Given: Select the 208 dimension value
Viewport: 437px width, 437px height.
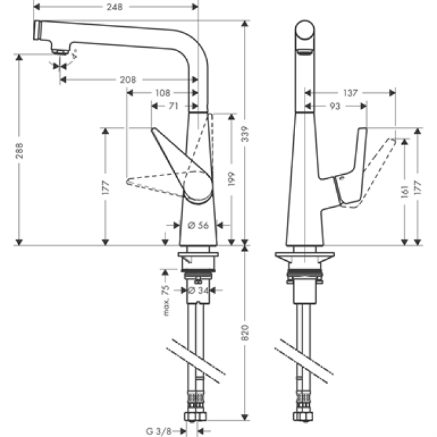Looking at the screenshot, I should [x=128, y=79].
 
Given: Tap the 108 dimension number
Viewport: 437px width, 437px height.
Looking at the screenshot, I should [x=163, y=93].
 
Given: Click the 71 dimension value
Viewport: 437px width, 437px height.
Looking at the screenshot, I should [x=173, y=106].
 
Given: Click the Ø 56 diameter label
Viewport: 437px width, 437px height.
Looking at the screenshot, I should [x=196, y=226].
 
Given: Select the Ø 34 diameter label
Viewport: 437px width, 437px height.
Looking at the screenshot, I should [x=196, y=290].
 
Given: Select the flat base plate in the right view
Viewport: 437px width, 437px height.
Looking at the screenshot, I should [x=305, y=259].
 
